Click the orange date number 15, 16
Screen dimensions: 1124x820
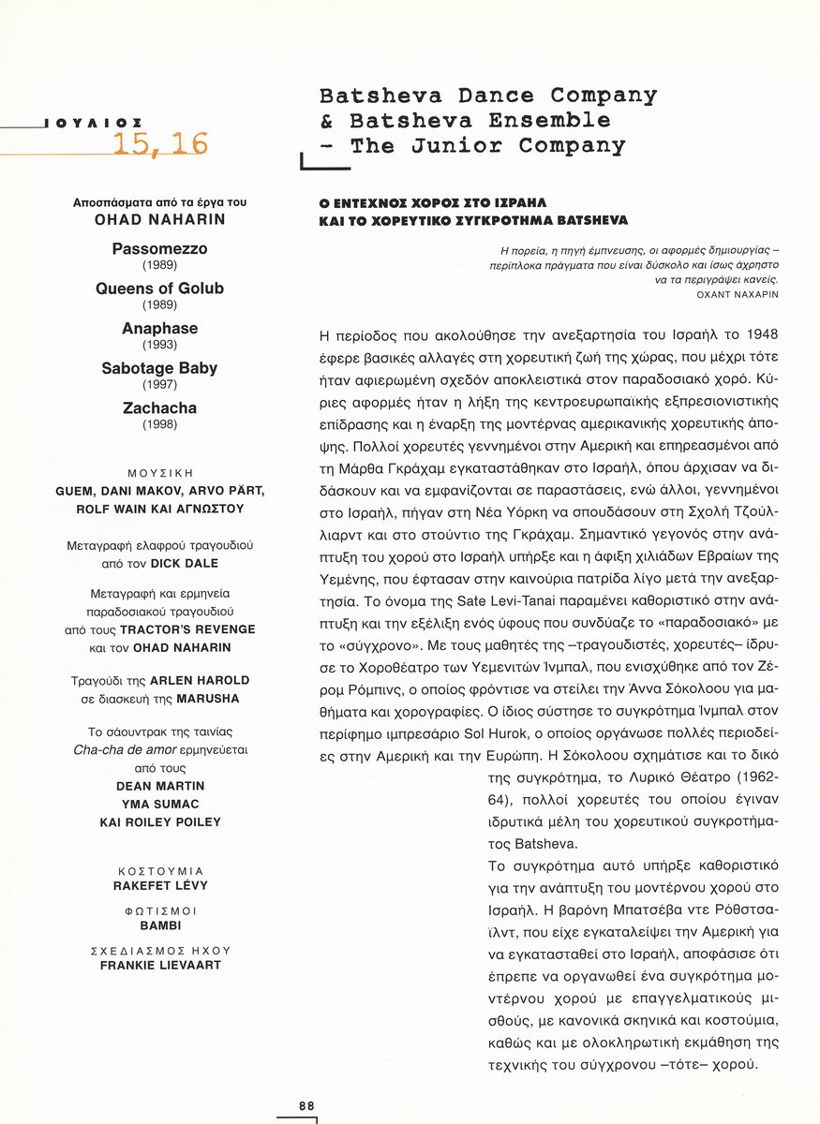click(x=160, y=143)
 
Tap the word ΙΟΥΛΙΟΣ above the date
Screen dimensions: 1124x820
click(x=93, y=123)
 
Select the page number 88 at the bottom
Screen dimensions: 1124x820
click(x=306, y=1105)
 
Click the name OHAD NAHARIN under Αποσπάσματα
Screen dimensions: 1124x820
click(x=159, y=220)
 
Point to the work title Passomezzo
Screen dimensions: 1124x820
click(x=159, y=249)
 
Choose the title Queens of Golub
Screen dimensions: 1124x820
click(x=159, y=288)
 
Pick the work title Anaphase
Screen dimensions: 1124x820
click(x=159, y=329)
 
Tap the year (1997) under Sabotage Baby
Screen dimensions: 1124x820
click(x=159, y=385)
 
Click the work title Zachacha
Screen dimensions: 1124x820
click(x=159, y=408)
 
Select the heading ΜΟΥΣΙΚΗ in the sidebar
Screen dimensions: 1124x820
click(x=159, y=473)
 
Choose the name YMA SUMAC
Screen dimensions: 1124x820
click(x=159, y=804)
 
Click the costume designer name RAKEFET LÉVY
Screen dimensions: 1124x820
click(x=159, y=885)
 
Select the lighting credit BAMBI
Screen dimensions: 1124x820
click(x=159, y=925)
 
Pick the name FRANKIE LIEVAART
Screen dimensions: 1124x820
click(x=159, y=965)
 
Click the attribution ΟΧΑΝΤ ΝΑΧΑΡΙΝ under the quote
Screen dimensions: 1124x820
click(x=738, y=294)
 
